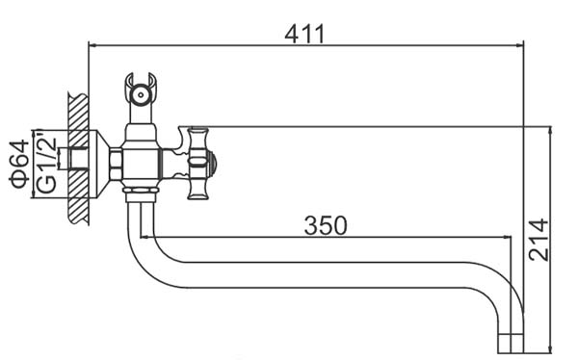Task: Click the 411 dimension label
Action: (304, 35)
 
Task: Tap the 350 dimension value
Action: (326, 225)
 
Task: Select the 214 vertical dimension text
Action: (539, 240)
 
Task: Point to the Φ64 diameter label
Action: (20, 164)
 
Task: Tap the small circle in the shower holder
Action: (141, 94)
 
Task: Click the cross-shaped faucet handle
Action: (197, 164)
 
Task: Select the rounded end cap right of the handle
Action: (213, 163)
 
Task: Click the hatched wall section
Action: (78, 159)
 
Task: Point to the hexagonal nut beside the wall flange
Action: (117, 165)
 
